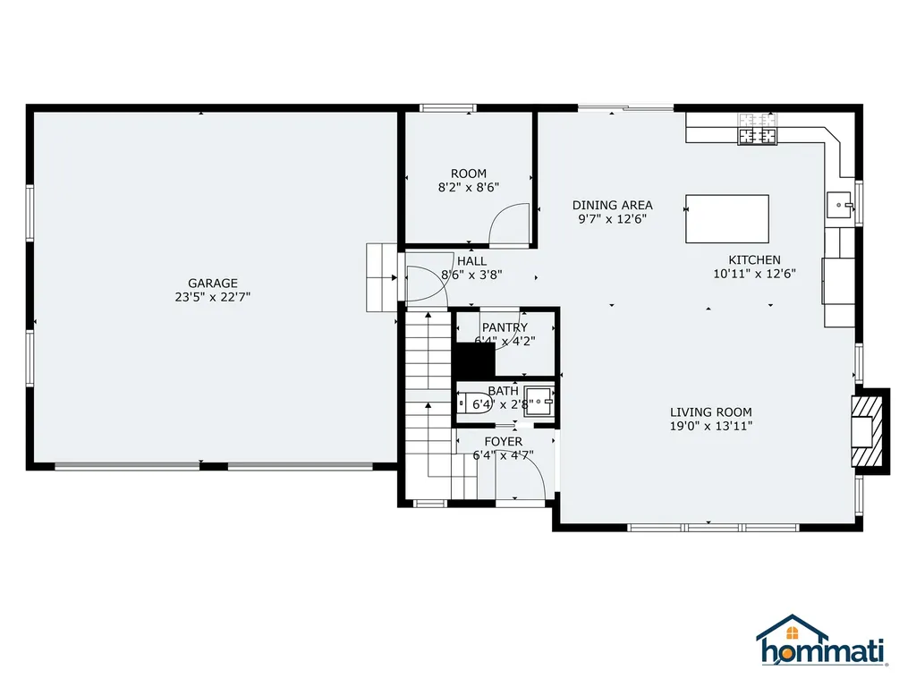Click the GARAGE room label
tap(212, 283)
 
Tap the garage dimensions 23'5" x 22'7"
tap(212, 297)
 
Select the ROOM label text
tap(468, 174)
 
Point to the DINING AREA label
tap(612, 205)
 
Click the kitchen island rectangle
tap(726, 219)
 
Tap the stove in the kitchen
tap(757, 131)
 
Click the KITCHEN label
tap(753, 259)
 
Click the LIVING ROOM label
tap(710, 412)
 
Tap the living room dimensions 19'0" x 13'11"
tap(710, 427)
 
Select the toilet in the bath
tap(474, 404)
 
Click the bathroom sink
tap(539, 399)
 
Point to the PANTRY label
tap(505, 327)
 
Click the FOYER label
tap(503, 442)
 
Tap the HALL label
tap(471, 261)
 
